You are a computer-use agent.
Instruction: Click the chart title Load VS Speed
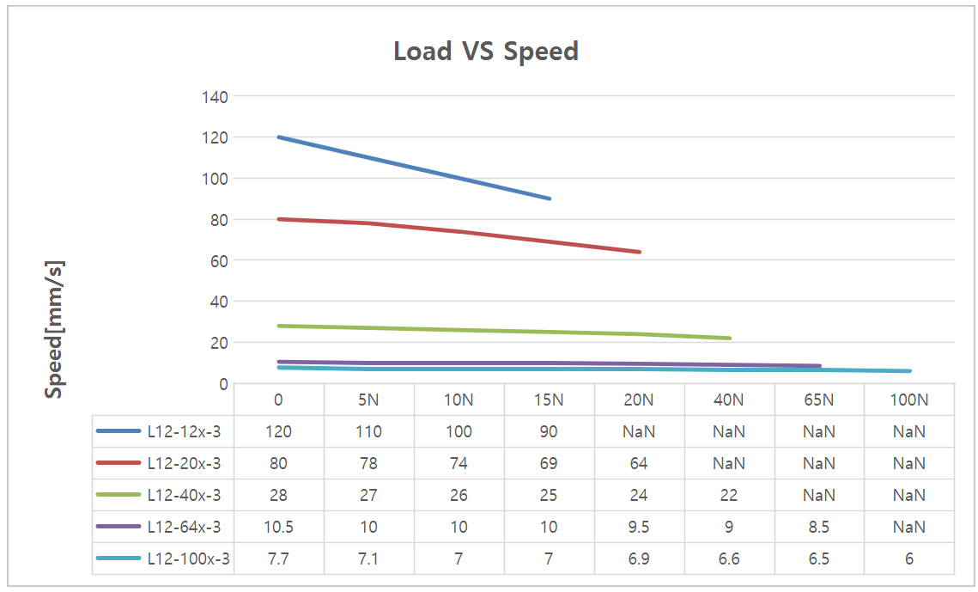[x=486, y=51]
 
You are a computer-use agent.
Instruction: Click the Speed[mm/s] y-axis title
[x=54, y=330]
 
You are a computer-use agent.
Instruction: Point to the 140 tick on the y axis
[x=216, y=97]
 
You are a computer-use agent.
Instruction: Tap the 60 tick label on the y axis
[x=220, y=260]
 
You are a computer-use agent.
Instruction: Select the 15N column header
[x=549, y=400]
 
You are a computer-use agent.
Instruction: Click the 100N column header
[x=908, y=400]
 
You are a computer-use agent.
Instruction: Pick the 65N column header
[x=818, y=400]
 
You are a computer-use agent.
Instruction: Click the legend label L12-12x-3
[x=184, y=431]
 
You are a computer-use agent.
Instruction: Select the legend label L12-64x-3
[x=184, y=527]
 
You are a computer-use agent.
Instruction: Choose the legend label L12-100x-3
[x=188, y=558]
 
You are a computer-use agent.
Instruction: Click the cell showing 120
[x=278, y=431]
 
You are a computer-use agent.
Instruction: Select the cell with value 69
[x=549, y=463]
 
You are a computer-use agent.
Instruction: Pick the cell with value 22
[x=728, y=495]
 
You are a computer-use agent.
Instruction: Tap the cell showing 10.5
[x=278, y=527]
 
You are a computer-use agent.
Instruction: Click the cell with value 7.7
[x=278, y=558]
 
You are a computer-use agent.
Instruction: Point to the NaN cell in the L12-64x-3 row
[x=908, y=527]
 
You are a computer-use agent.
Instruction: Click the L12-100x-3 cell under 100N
[x=908, y=558]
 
